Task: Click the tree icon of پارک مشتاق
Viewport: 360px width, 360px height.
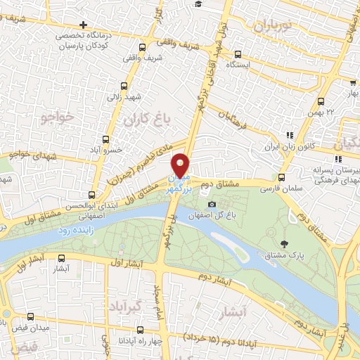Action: [x=284, y=244]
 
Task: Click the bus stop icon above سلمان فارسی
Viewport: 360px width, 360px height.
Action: [x=281, y=177]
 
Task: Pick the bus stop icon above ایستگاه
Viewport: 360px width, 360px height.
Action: [x=238, y=53]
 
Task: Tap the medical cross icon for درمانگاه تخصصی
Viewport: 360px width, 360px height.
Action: [x=84, y=26]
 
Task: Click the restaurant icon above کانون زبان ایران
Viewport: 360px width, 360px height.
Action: [x=289, y=135]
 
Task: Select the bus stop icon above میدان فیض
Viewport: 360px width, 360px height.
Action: [x=31, y=317]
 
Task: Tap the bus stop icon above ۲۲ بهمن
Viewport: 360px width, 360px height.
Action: [x=321, y=101]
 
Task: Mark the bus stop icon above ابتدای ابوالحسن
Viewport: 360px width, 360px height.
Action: [x=91, y=195]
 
